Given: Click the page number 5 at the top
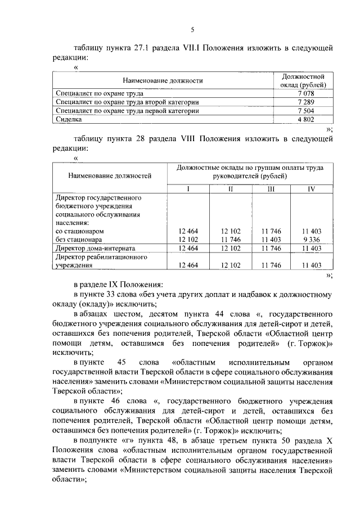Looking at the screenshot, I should point(192,30).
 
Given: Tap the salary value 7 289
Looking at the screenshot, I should point(304,102).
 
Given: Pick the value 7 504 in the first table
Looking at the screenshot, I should point(304,111).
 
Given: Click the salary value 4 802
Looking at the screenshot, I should point(304,119).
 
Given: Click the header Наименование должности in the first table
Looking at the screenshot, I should point(163,80).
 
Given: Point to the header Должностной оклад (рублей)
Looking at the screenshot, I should point(304,80).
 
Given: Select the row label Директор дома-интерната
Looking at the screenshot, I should point(96,247).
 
